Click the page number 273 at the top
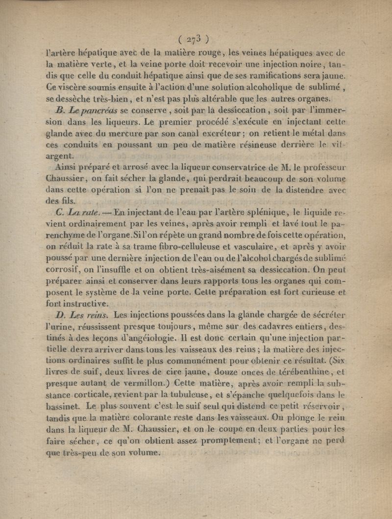194,39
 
